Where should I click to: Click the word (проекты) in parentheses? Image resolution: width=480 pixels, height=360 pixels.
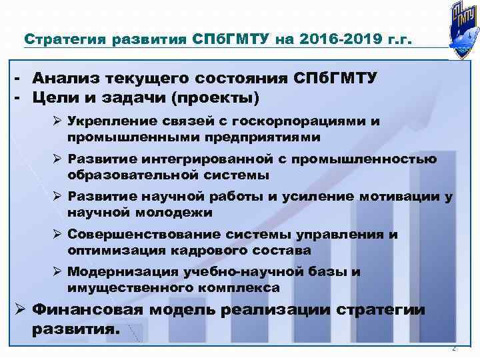coord(218,97)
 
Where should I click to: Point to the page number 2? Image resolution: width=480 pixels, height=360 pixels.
coord(454,349)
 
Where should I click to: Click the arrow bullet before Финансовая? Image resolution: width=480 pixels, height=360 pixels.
coord(20,310)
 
